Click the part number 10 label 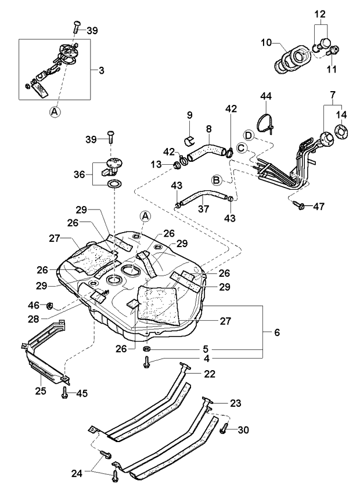pos(266,42)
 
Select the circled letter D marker pos(248,135)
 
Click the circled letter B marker pos(216,180)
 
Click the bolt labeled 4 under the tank pos(147,363)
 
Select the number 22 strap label pos(210,374)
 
